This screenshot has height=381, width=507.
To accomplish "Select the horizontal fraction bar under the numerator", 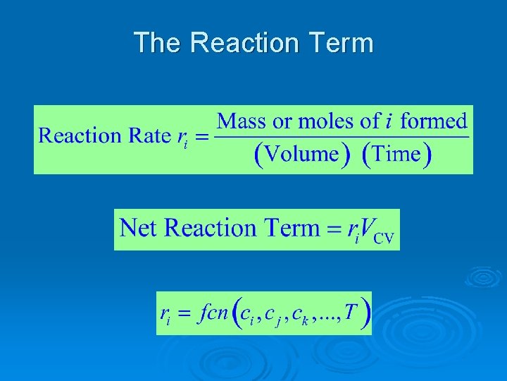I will click(342, 137).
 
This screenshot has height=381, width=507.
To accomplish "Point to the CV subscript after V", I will click(383, 238).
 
